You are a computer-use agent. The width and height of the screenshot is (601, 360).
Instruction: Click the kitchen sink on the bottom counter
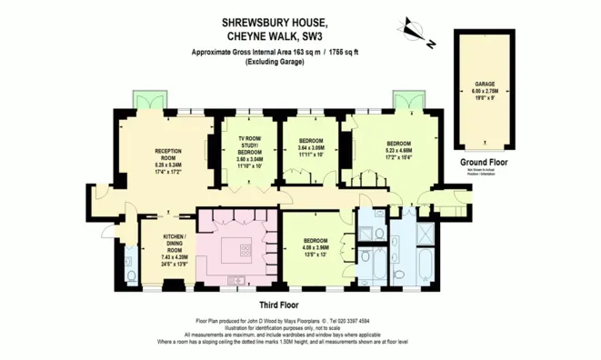pyautogui.click(x=236, y=279)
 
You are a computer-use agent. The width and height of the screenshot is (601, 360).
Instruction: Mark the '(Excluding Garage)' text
pyautogui.click(x=275, y=64)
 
